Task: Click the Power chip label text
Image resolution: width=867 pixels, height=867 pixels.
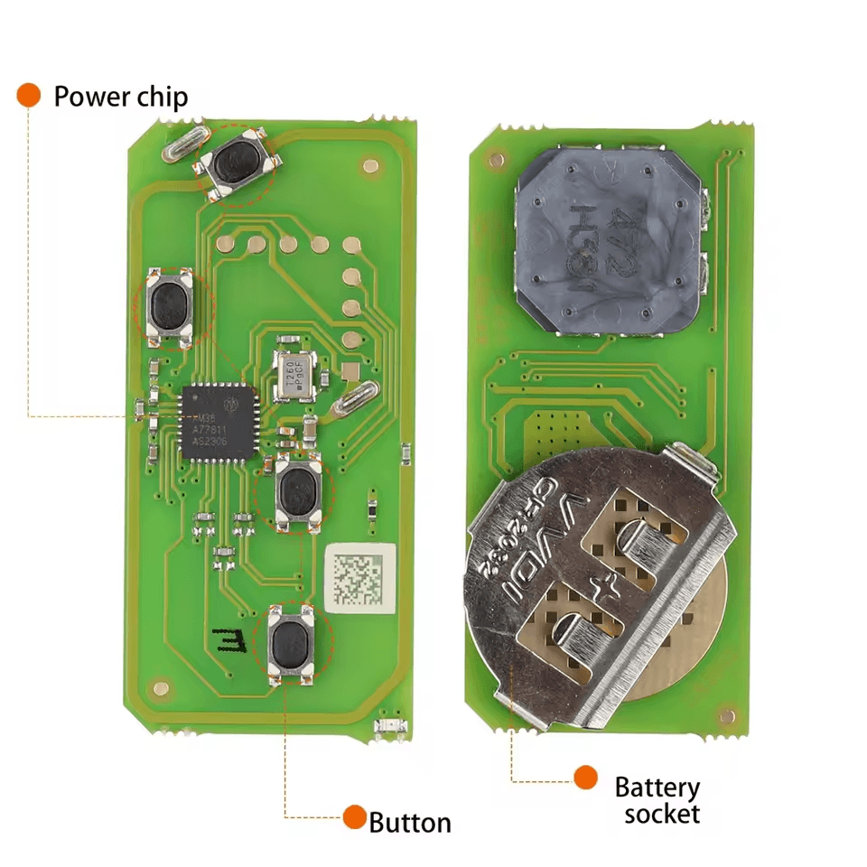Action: point(120,97)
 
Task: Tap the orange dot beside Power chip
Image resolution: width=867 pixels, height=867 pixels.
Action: point(29,95)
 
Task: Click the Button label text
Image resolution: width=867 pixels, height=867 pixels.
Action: point(410,823)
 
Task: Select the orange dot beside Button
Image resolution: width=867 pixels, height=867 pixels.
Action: point(354,817)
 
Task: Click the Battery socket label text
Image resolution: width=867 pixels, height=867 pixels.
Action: point(657,800)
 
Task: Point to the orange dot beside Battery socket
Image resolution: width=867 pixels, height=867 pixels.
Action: point(586,777)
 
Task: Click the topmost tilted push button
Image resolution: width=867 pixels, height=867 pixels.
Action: point(238,163)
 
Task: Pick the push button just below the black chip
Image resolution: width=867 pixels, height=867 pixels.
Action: point(298,492)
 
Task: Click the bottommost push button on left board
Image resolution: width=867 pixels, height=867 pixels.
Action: point(290,643)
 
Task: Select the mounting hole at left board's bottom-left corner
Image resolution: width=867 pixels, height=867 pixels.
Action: point(161,687)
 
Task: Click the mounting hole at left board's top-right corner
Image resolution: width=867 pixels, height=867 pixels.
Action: point(369,165)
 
